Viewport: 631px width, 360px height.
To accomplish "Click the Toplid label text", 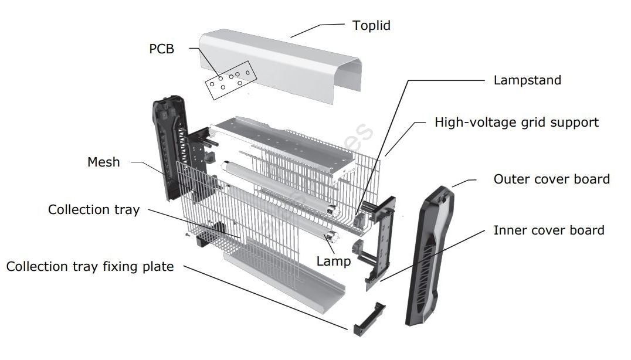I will tap(371, 26).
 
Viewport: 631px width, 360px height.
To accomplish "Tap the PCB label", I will tap(161, 49).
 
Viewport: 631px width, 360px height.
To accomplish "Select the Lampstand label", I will tap(527, 80).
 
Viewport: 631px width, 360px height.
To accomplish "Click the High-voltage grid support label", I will tap(516, 123).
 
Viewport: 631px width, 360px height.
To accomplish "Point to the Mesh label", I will tap(103, 162).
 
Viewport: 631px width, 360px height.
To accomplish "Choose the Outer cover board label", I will tap(551, 179).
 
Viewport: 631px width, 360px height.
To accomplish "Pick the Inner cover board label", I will tap(548, 230).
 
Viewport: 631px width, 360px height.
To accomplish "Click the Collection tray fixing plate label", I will tap(90, 267).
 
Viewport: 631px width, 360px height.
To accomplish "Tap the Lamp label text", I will tap(333, 261).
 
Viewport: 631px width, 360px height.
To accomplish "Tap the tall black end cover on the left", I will tap(170, 147).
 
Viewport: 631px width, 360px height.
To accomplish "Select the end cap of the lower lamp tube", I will tap(333, 237).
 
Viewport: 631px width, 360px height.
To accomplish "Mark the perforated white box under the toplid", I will tap(281, 141).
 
